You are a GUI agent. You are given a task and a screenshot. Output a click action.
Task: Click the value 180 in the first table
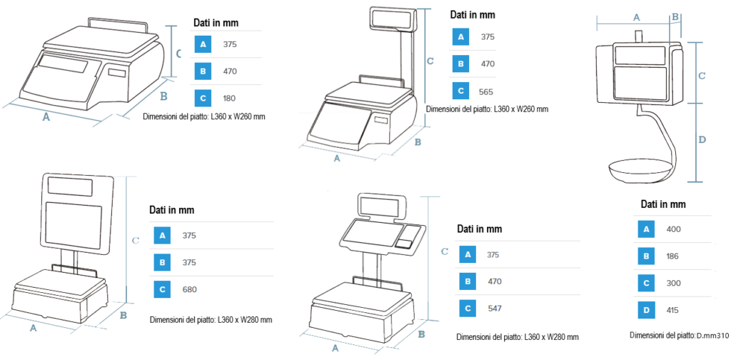click(x=229, y=99)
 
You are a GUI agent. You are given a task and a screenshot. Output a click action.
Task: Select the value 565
click(x=485, y=92)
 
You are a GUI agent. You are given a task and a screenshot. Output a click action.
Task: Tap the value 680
click(x=190, y=289)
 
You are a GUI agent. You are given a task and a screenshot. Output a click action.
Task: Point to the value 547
click(x=494, y=309)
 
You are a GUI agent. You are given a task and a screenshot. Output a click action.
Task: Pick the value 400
click(x=674, y=229)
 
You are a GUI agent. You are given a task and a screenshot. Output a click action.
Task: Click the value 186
click(x=674, y=256)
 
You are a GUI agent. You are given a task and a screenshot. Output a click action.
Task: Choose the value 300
click(x=674, y=283)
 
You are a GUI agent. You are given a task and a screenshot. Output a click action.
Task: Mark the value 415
click(x=674, y=310)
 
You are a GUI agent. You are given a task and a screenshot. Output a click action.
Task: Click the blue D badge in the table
click(x=646, y=310)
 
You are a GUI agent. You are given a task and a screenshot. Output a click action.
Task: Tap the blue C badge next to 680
click(x=162, y=289)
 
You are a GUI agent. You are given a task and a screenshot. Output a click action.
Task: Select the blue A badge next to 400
click(x=646, y=229)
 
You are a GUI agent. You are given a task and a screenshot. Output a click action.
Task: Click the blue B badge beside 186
click(x=646, y=256)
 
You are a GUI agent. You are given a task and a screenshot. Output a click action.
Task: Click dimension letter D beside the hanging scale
click(x=703, y=139)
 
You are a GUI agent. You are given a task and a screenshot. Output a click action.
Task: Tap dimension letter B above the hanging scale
click(x=675, y=17)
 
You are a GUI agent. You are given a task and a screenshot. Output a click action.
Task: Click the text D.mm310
click(x=712, y=335)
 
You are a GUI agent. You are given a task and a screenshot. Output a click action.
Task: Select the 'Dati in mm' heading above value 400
click(x=663, y=204)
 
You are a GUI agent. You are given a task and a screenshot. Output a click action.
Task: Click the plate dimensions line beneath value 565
click(x=487, y=109)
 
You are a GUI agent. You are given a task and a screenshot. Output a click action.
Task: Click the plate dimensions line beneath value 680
click(x=211, y=320)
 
